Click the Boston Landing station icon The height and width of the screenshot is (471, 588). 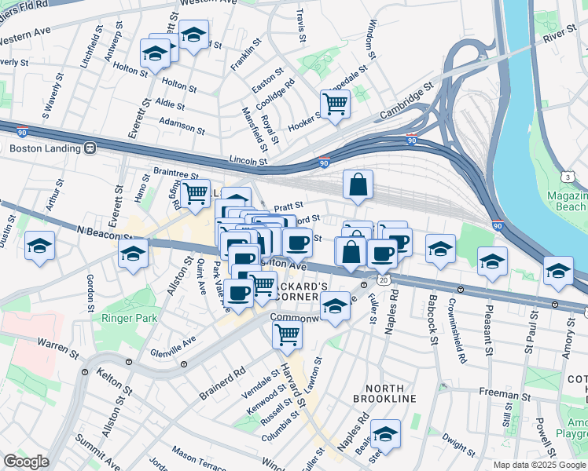[90, 148]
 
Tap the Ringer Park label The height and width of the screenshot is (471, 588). [129, 318]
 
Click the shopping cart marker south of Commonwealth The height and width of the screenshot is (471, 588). [287, 334]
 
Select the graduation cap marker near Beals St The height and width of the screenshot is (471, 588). [385, 433]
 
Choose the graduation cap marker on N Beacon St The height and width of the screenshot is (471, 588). [134, 254]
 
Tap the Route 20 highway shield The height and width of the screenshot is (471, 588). [383, 279]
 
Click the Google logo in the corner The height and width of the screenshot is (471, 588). [27, 462]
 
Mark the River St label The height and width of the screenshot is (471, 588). [559, 34]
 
